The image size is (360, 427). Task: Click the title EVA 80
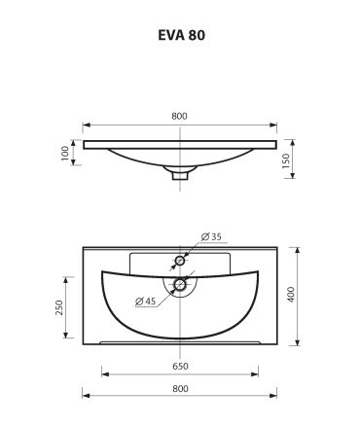(181, 35)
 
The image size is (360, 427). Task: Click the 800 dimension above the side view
(179, 116)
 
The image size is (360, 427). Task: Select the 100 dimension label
(65, 153)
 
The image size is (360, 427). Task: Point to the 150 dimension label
(285, 160)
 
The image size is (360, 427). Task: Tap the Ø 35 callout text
(211, 236)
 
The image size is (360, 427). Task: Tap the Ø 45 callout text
(146, 302)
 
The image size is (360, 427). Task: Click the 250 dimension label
(59, 307)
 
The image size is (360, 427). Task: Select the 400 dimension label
(291, 295)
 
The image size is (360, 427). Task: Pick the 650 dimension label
(180, 366)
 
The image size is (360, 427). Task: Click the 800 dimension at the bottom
(180, 388)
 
